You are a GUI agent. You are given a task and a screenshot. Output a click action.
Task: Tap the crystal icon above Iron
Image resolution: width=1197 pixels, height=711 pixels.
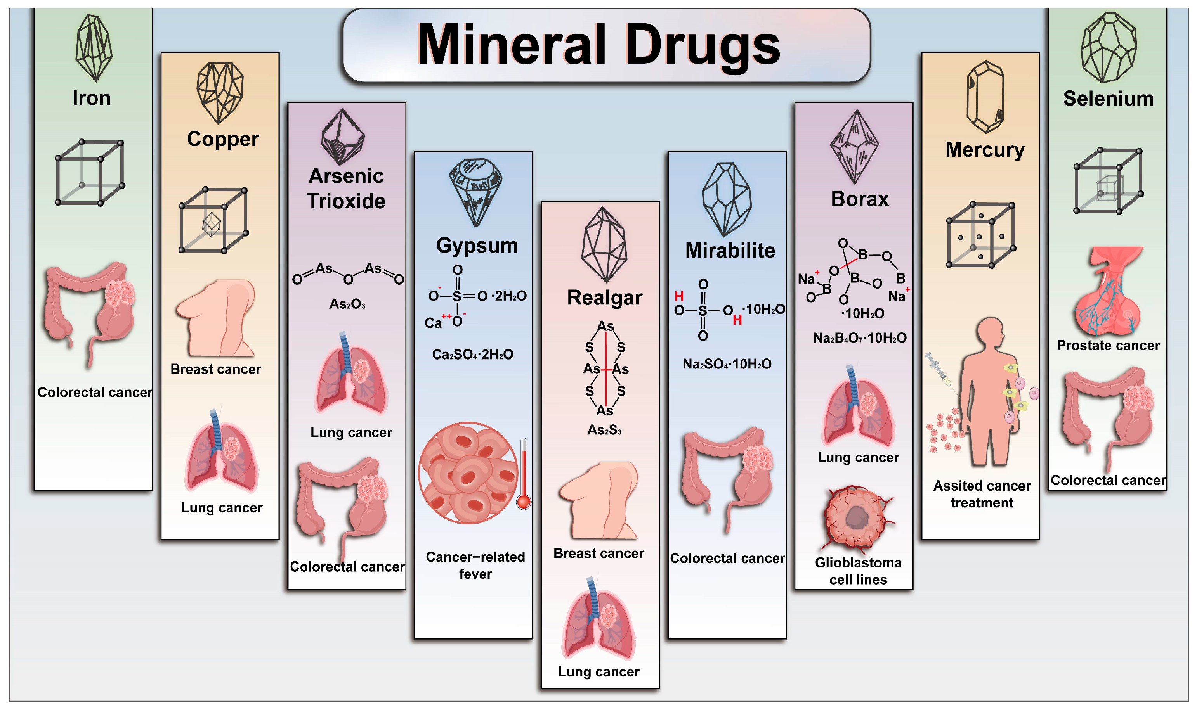tap(94, 47)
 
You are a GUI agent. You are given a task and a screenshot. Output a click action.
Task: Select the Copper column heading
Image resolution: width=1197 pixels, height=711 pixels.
tap(223, 139)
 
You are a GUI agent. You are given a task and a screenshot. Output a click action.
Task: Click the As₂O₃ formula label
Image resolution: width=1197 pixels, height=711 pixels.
tap(347, 304)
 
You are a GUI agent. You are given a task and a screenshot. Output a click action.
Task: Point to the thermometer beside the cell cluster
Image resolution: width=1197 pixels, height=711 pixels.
tap(524, 473)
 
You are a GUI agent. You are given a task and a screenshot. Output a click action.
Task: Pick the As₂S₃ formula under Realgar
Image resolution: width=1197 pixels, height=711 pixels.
tap(604, 430)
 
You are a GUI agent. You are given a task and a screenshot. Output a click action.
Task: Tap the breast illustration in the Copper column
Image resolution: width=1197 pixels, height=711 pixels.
tap(216, 318)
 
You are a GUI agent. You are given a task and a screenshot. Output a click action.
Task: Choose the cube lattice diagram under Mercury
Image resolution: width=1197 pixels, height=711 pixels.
tap(980, 235)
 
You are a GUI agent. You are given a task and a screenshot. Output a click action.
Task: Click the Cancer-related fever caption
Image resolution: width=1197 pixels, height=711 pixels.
tap(475, 566)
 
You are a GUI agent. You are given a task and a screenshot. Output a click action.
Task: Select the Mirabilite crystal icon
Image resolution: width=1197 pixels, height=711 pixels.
tap(727, 199)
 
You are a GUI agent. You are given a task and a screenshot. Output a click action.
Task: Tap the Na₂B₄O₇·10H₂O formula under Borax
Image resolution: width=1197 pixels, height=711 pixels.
tap(860, 338)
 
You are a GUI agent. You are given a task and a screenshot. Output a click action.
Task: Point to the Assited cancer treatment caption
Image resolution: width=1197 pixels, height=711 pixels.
tap(982, 494)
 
